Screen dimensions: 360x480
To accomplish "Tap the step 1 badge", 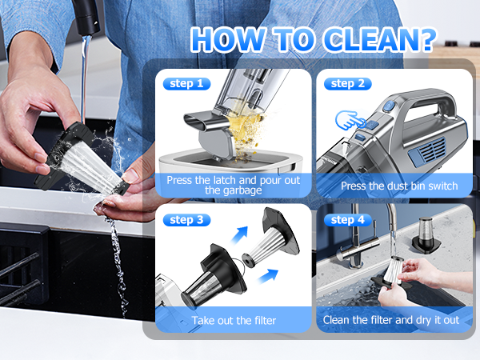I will (x=186, y=83).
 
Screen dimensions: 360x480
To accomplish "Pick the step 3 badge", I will (x=186, y=219).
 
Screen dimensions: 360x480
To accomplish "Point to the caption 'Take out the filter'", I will (x=234, y=321).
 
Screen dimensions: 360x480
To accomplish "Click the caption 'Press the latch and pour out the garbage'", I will (x=234, y=186).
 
